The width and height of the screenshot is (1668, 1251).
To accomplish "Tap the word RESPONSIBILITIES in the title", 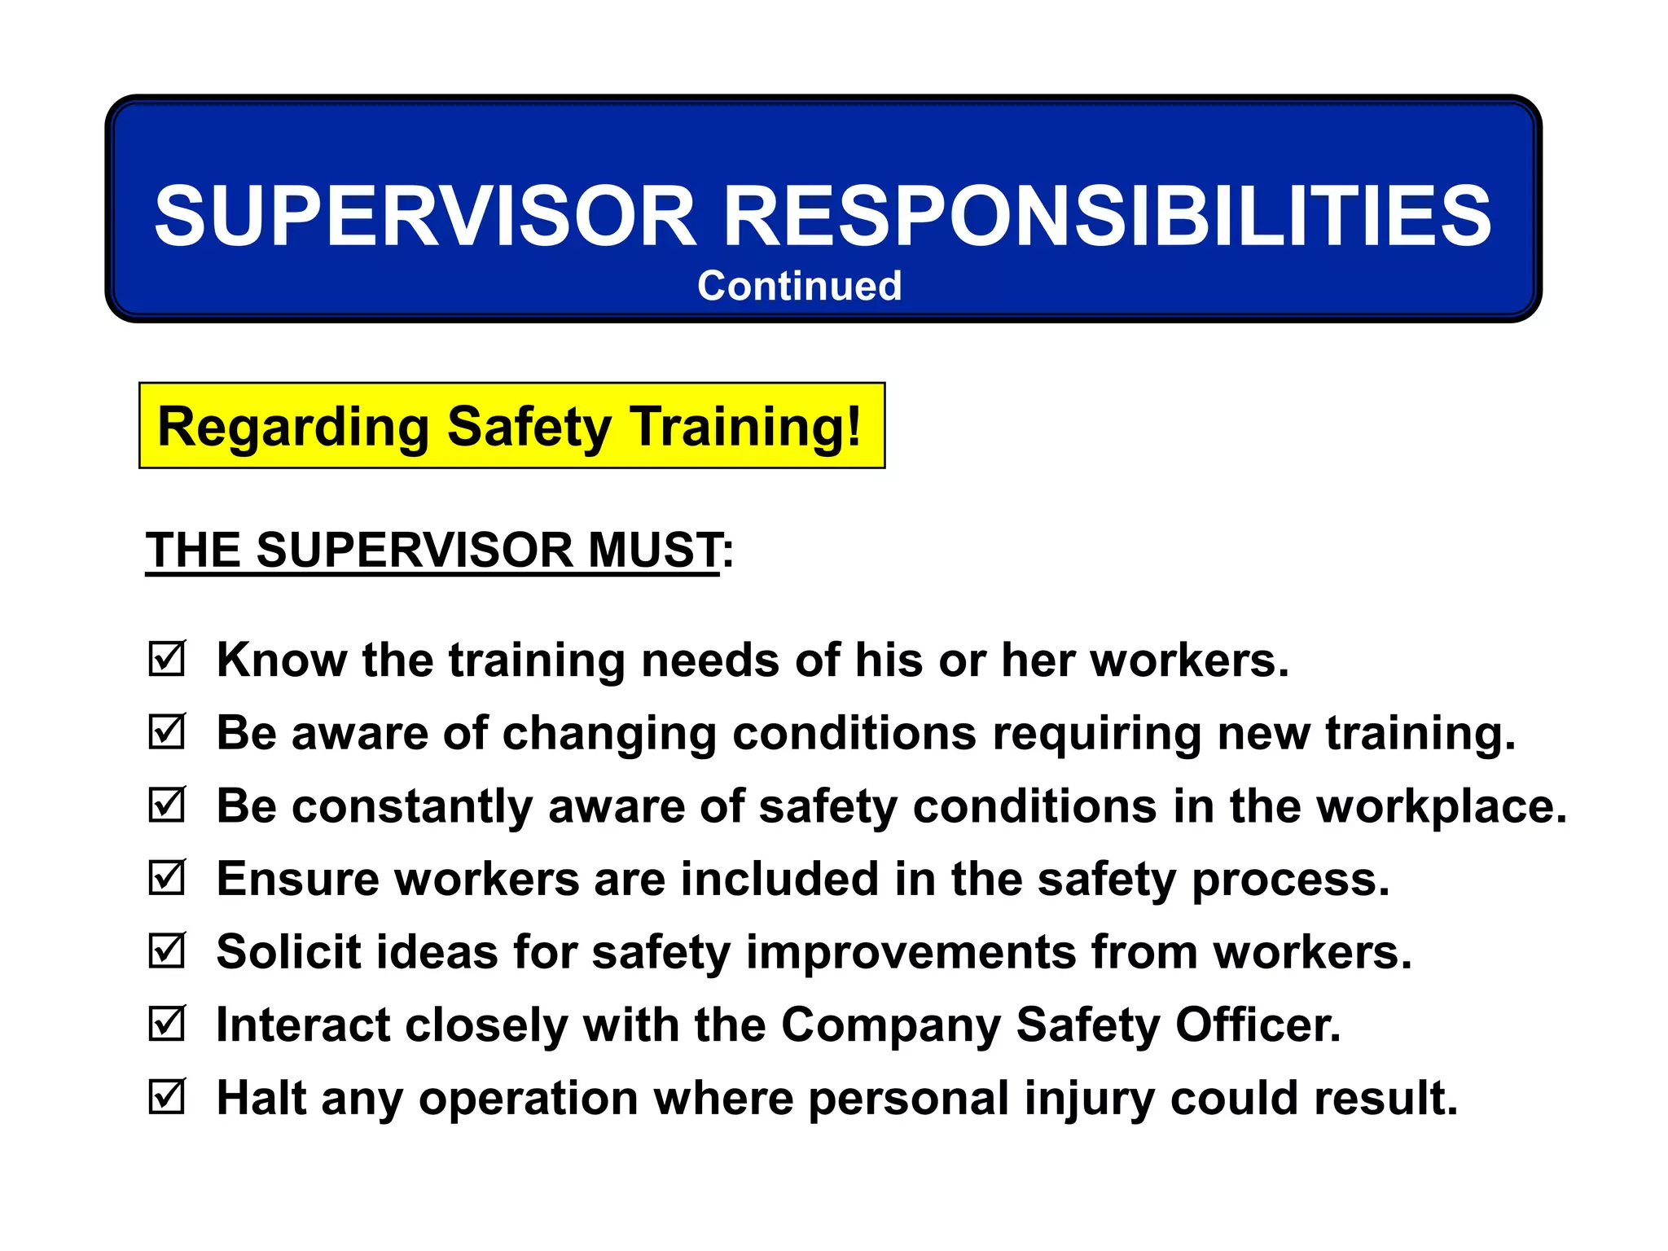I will pyautogui.click(x=1108, y=216).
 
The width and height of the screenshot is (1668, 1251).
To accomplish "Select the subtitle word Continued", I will pyautogui.click(x=799, y=286).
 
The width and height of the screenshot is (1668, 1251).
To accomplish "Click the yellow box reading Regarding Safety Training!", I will pyautogui.click(x=511, y=426).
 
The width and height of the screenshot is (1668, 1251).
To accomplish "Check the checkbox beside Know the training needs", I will pyautogui.click(x=168, y=658).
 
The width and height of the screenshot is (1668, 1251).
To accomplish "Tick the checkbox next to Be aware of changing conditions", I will pyautogui.click(x=168, y=731).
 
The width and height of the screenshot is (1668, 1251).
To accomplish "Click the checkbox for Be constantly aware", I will pyautogui.click(x=168, y=805).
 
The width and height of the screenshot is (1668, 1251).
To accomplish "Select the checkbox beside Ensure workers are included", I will pyautogui.click(x=168, y=877).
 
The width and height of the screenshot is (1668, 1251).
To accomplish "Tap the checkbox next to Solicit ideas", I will pyautogui.click(x=168, y=950).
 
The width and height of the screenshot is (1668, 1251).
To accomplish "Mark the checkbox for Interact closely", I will pyautogui.click(x=168, y=1024).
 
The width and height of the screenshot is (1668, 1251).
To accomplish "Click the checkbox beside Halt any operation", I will pyautogui.click(x=168, y=1097).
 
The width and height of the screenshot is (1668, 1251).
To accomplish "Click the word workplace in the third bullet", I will pyautogui.click(x=1442, y=806).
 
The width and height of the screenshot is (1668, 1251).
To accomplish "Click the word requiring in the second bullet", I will pyautogui.click(x=1096, y=733).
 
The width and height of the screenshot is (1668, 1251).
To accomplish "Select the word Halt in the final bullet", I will pyautogui.click(x=261, y=1098).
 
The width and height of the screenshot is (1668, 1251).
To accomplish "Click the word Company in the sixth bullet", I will pyautogui.click(x=891, y=1025).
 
